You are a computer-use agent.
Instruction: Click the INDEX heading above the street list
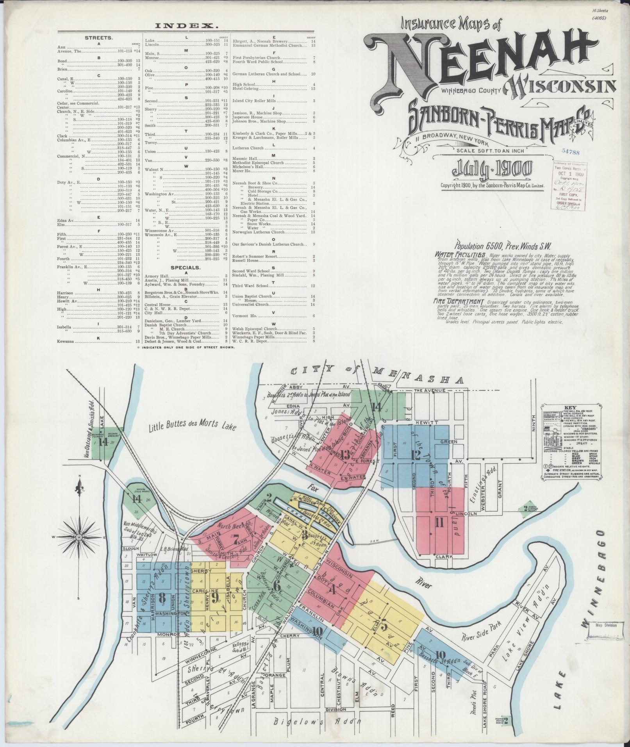(x=186, y=26)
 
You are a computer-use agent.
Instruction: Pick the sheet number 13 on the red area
(x=345, y=455)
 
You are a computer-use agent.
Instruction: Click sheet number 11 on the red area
(x=440, y=533)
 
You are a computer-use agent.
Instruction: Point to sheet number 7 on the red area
(x=236, y=542)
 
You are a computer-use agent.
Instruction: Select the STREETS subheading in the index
(x=99, y=38)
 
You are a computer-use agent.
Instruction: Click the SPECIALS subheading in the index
(x=186, y=267)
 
